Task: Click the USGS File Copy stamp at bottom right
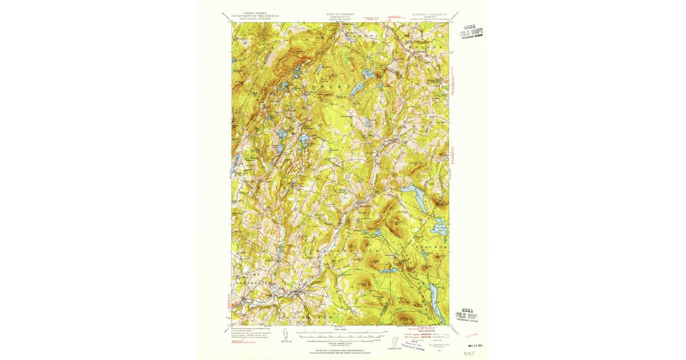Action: pos(466,315)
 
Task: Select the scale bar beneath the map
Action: pos(340,332)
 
